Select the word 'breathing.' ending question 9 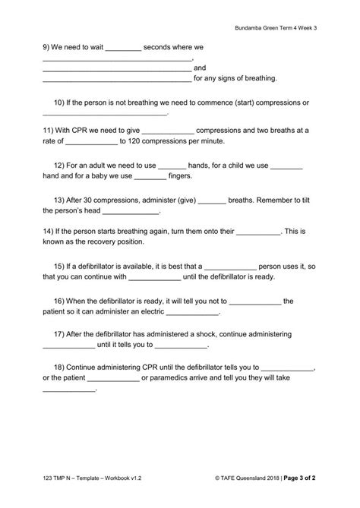pyautogui.click(x=259, y=77)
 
